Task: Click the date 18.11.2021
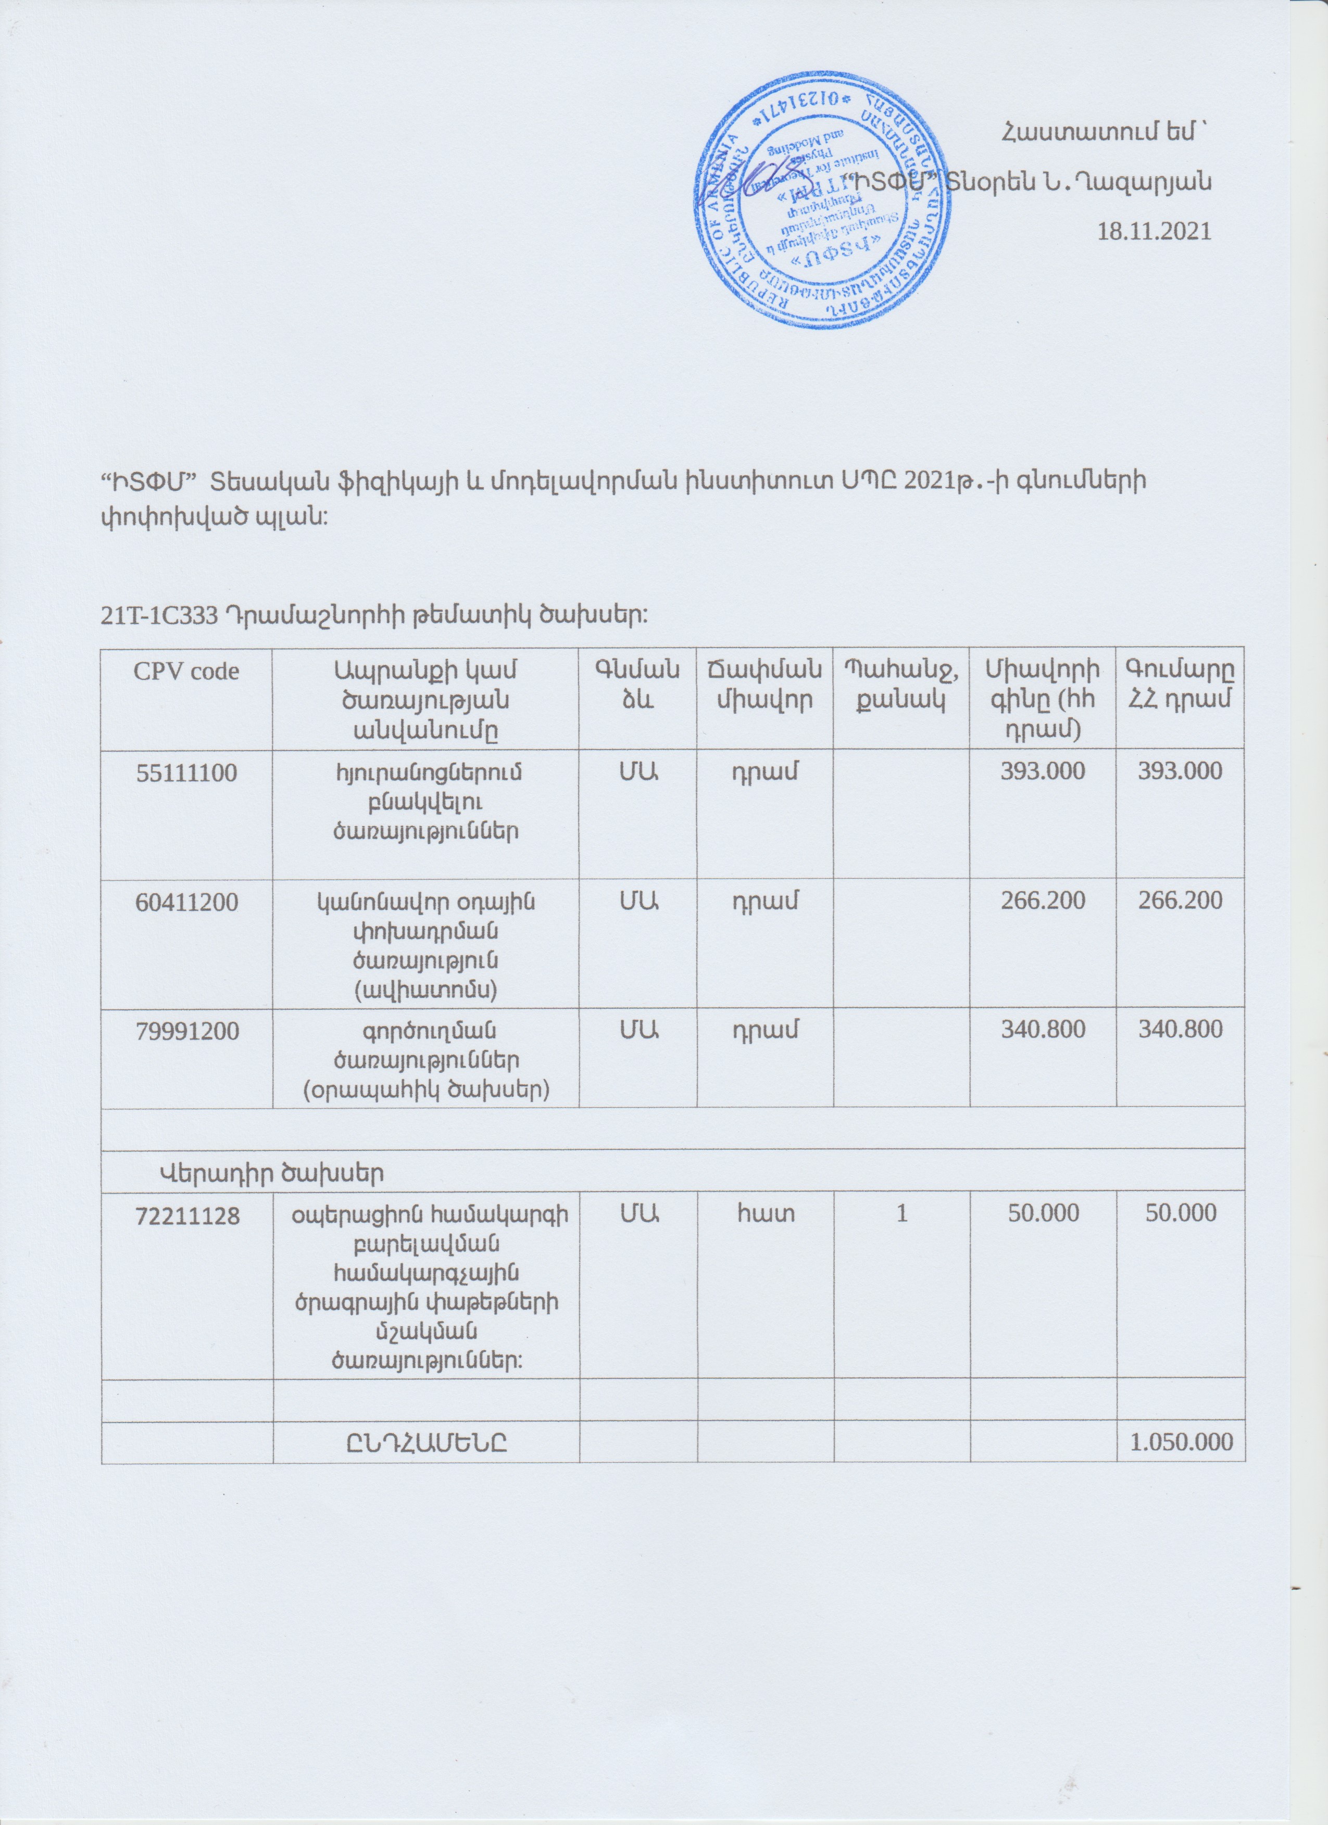[1155, 232]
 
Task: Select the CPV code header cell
[187, 672]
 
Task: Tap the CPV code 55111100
[187, 774]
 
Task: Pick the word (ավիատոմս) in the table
[426, 990]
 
